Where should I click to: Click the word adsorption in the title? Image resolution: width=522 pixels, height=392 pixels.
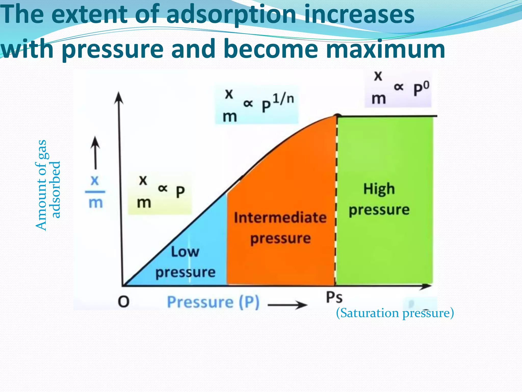coord(231,15)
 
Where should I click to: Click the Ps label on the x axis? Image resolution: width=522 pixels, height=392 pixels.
coord(334,298)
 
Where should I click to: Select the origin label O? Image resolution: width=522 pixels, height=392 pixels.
coord(124,302)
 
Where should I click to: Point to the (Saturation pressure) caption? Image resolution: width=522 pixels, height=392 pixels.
coord(395,313)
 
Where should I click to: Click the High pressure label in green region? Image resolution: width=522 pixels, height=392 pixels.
coord(379,199)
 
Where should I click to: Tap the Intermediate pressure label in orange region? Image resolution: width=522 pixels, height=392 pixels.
coord(280,228)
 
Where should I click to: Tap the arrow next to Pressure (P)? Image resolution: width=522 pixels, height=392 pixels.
coord(287,304)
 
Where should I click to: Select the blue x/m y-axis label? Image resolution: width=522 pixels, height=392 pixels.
coord(95,192)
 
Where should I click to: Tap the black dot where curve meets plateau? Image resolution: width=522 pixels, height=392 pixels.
coord(338,116)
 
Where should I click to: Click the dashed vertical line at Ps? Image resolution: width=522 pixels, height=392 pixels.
coord(336,199)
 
